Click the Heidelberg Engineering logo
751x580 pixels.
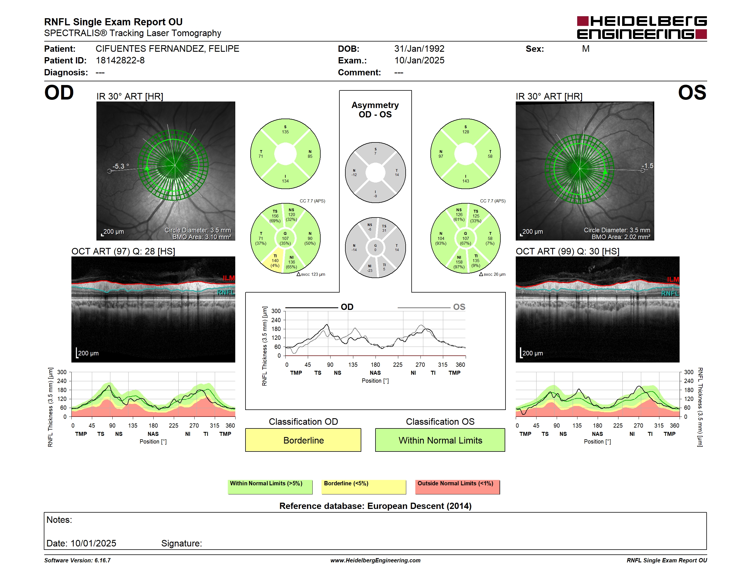click(x=642, y=28)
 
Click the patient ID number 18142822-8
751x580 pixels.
click(x=120, y=61)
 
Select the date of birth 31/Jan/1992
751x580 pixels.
click(x=419, y=49)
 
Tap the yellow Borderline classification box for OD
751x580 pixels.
click(x=303, y=440)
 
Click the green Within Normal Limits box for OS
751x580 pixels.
click(x=440, y=440)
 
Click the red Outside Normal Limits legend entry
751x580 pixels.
click(x=457, y=487)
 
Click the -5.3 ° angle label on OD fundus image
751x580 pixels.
click(x=121, y=166)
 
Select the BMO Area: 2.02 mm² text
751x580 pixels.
click(x=621, y=237)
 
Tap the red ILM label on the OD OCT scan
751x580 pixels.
click(x=229, y=278)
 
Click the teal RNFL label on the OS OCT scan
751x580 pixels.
click(x=670, y=293)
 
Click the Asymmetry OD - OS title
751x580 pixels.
click(x=375, y=110)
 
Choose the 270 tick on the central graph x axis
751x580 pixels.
click(x=420, y=364)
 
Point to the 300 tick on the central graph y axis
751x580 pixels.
click(x=276, y=311)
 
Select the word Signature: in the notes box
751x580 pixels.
click(x=181, y=543)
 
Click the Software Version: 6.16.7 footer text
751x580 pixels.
click(x=77, y=560)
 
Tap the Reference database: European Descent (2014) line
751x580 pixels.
click(x=375, y=506)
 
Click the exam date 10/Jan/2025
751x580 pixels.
click(x=419, y=61)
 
